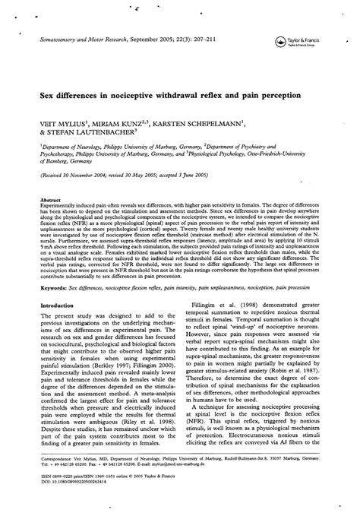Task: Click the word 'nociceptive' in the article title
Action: click(x=140, y=97)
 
